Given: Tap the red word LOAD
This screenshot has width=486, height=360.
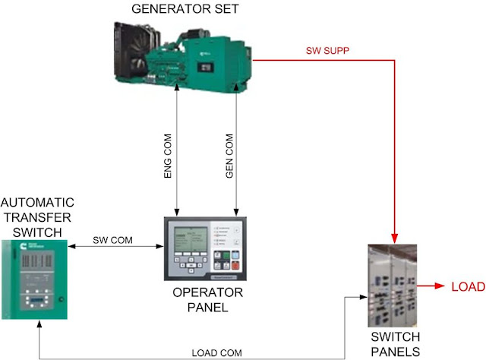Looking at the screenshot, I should (467, 288).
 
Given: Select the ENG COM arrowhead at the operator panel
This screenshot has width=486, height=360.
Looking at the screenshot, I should (177, 212).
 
